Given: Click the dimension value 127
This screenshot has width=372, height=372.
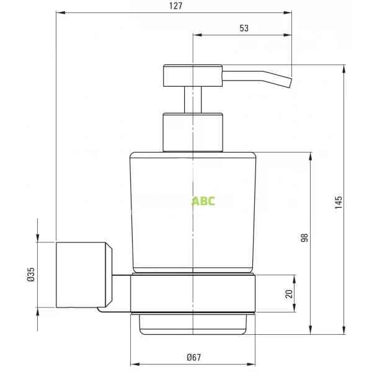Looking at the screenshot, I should [175, 6].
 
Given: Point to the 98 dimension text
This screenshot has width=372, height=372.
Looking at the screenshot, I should [304, 237].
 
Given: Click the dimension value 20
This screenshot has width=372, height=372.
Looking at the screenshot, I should [288, 293].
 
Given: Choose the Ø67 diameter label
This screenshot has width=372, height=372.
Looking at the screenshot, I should [193, 357].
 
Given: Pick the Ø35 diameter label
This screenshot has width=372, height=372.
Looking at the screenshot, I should [30, 274].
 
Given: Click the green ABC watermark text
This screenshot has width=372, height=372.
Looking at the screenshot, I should [203, 201].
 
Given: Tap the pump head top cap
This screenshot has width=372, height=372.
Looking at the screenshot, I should [192, 75].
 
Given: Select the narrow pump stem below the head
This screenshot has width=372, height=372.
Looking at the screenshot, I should [193, 99].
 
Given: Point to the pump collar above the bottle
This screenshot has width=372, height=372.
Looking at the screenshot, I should [192, 131].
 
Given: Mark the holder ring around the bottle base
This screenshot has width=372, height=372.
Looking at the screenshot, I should [193, 293].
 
